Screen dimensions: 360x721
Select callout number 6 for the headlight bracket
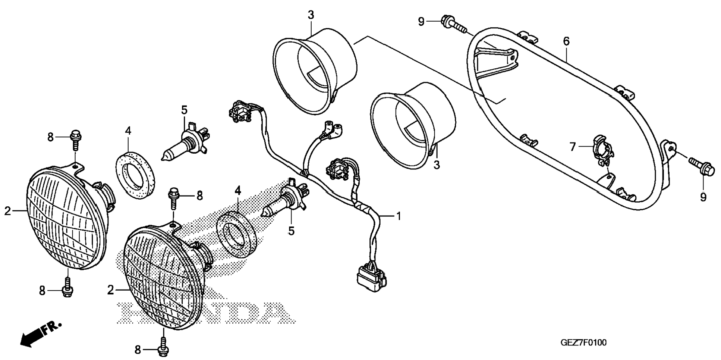click(x=566, y=41)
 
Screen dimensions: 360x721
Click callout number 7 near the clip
click(x=573, y=147)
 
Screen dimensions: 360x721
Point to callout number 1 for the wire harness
click(x=398, y=216)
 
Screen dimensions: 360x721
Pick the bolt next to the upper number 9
click(x=453, y=24)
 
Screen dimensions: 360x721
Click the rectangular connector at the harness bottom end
click(x=371, y=278)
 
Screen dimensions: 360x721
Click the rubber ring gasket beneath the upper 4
click(x=136, y=174)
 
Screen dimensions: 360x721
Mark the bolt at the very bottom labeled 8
click(x=163, y=347)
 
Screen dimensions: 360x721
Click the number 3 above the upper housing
click(x=311, y=15)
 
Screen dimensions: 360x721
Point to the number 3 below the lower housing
click(x=437, y=165)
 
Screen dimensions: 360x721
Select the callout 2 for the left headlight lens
click(x=8, y=211)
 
